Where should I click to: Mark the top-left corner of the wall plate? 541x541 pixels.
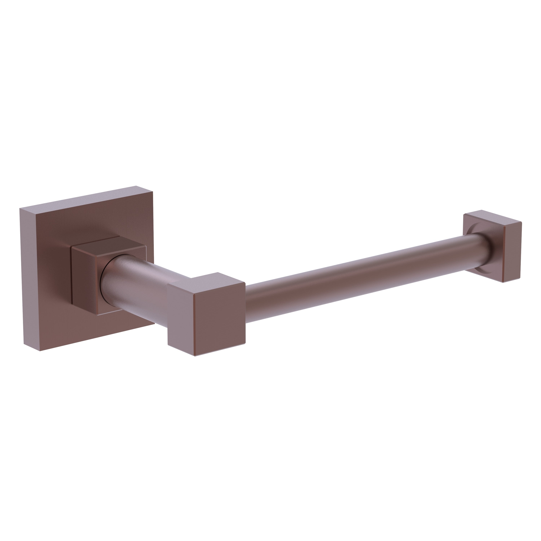pyautogui.click(x=20, y=209)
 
